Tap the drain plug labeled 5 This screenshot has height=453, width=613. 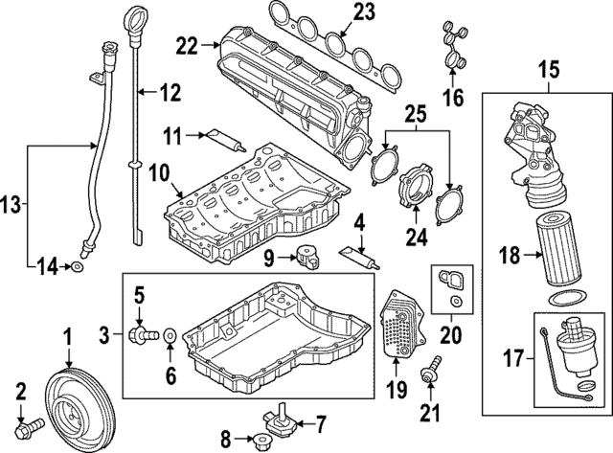[145, 334]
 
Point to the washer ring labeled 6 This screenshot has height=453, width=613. [169, 335]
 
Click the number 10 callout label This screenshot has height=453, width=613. [158, 173]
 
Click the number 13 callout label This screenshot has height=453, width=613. [12, 203]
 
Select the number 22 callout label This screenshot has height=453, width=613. [185, 44]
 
